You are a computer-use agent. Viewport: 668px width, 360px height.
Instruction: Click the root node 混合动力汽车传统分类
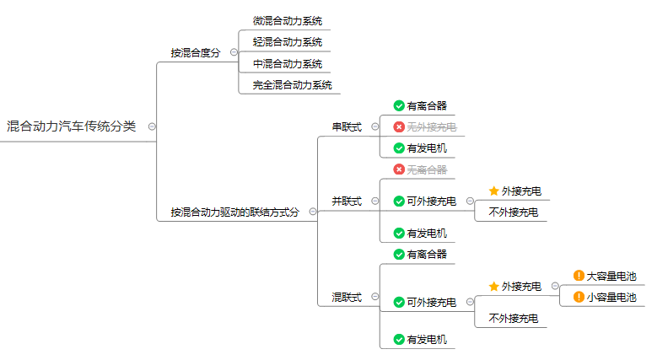pos(71,126)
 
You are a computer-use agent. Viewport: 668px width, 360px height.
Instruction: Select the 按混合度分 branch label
pos(195,52)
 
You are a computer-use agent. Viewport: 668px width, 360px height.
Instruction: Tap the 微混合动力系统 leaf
pos(288,20)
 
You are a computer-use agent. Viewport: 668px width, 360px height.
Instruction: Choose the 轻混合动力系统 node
pos(288,41)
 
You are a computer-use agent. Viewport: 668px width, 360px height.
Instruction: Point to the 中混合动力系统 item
pos(288,63)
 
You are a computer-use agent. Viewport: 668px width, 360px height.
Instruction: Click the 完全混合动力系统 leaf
pos(293,84)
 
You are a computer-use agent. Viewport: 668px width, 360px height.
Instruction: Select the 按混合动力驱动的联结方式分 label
pos(234,212)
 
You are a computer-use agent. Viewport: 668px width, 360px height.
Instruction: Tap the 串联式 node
pos(347,127)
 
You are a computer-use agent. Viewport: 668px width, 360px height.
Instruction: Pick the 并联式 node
pos(347,201)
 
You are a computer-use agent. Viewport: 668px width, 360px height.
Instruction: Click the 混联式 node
pos(347,298)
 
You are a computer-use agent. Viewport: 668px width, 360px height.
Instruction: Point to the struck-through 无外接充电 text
pos(431,127)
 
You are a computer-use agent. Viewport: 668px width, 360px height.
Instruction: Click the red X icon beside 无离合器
pos(399,169)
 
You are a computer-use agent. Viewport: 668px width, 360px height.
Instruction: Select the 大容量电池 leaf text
pos(611,276)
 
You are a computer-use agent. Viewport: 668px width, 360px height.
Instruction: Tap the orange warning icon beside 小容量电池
pos(579,297)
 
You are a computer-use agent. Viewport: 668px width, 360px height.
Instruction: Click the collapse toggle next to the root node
pos(152,126)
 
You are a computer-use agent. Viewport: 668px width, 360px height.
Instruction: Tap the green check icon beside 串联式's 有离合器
pos(399,105)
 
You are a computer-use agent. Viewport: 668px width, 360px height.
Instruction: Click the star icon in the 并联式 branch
pos(494,191)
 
